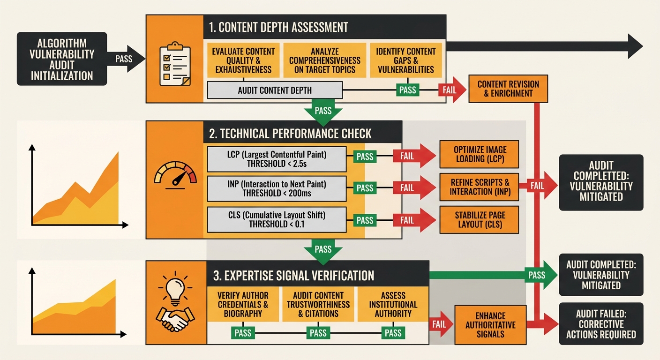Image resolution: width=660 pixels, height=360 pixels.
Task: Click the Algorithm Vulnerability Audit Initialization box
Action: pos(62,59)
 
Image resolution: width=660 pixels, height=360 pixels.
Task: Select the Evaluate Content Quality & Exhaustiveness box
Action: pos(243,60)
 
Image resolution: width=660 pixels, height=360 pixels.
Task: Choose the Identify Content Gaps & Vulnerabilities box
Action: pos(405,60)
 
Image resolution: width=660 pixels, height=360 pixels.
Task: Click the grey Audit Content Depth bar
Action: pos(275,90)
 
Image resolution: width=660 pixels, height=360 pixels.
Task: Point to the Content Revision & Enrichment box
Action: pos(508,89)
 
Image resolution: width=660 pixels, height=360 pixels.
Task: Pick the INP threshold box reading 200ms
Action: pos(277,188)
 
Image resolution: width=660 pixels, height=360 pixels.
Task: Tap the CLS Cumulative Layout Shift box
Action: pos(277,220)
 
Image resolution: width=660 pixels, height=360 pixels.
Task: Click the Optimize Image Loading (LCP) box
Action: pos(480,154)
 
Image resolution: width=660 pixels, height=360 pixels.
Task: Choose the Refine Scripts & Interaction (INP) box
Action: pos(480,187)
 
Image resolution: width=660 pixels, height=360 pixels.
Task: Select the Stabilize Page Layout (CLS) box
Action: pos(480,219)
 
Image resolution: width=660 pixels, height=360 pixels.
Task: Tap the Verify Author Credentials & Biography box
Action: pos(243,304)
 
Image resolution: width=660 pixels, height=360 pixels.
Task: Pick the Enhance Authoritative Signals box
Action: pos(490,324)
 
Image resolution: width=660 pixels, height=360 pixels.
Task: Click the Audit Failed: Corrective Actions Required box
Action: pos(601,324)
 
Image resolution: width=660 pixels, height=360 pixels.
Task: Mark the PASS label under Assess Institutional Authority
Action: pos(393,333)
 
